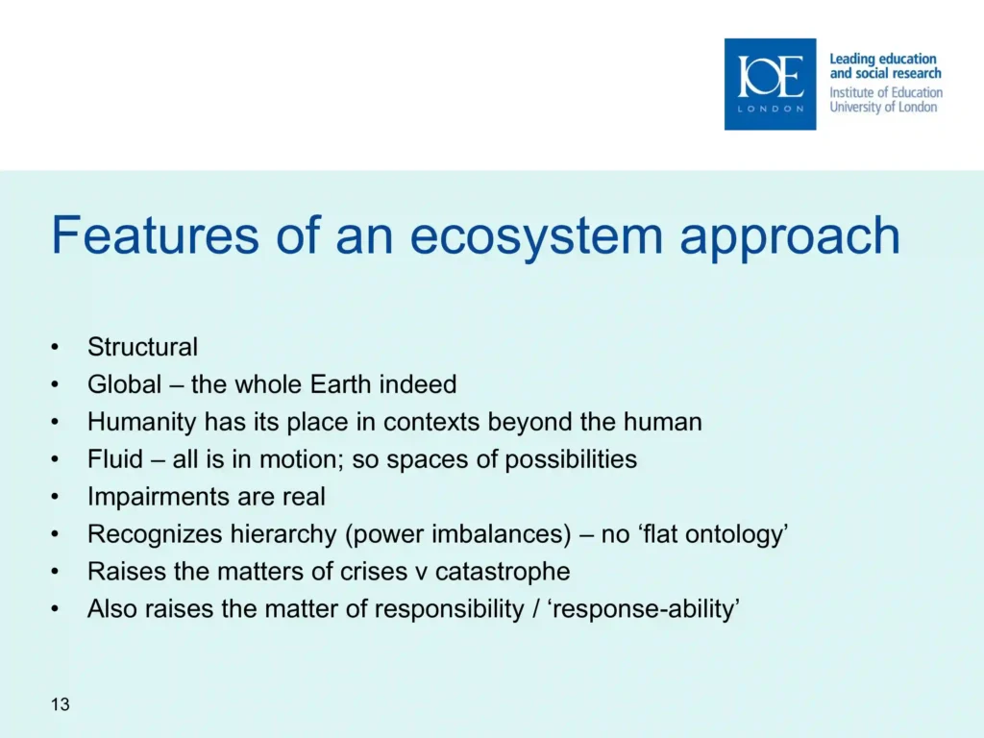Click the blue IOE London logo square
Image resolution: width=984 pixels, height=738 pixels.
coord(770,85)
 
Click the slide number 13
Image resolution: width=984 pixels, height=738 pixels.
coord(61,704)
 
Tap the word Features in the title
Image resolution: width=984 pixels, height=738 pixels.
coord(155,235)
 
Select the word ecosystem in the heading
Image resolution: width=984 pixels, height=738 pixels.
coord(536,237)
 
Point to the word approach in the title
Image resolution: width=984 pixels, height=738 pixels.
coord(790,237)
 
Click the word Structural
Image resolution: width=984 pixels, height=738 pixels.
coord(142,347)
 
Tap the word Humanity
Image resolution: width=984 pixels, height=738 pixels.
coord(142,423)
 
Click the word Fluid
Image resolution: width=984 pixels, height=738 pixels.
coord(115,458)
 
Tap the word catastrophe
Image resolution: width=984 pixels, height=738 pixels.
coord(503,572)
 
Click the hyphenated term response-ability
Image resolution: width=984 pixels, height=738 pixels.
coord(644,609)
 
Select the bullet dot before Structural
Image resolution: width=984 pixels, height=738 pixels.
coord(55,347)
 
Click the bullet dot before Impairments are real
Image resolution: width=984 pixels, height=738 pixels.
coord(55,497)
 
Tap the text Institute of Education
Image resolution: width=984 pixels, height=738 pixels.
coord(885,92)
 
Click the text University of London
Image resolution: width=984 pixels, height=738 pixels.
coord(883,107)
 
